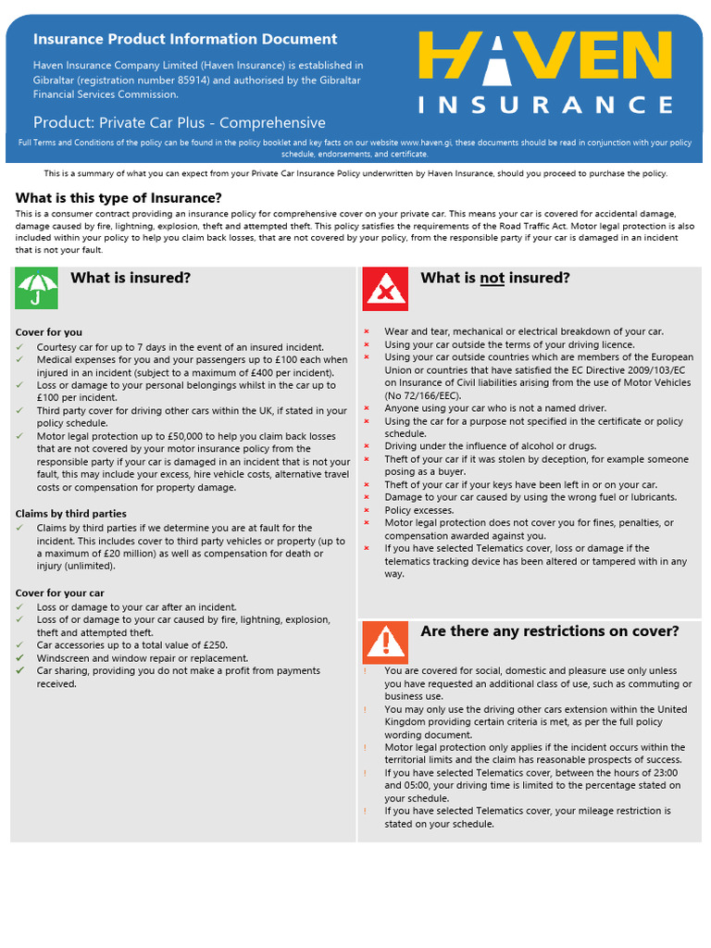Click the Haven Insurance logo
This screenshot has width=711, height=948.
[x=546, y=72]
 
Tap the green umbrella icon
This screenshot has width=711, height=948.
[x=36, y=288]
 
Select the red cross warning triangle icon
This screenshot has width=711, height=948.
[x=385, y=288]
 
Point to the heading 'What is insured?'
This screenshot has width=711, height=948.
[x=131, y=278]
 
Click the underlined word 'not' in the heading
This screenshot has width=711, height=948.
[x=492, y=279]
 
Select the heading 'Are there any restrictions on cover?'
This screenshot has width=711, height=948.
[x=550, y=631]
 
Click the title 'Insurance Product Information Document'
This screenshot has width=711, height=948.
[x=185, y=39]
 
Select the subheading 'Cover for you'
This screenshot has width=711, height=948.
[x=49, y=331]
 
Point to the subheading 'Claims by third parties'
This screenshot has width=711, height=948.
[x=71, y=513]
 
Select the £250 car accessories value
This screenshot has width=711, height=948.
[x=214, y=645]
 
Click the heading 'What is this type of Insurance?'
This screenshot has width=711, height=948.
[x=118, y=198]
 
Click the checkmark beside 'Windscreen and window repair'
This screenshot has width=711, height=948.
[x=20, y=658]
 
